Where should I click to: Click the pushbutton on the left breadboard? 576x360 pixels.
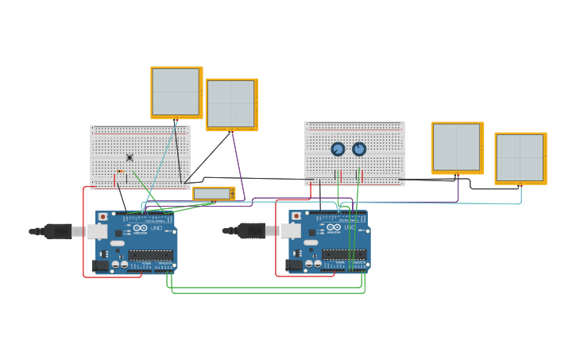coord(130,157)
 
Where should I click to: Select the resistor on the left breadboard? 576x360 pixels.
coord(120,172)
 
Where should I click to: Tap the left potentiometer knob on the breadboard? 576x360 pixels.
coord(338,149)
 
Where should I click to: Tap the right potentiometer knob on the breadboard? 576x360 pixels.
coord(359,149)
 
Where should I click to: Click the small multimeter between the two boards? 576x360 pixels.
coord(214,193)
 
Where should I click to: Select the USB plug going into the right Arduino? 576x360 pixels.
coord(251,231)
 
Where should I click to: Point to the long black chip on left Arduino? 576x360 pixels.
coord(150,255)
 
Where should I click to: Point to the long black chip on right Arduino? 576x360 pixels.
coord(344,255)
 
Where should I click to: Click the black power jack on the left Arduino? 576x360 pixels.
coord(101,265)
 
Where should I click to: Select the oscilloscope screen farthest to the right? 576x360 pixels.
coord(520,158)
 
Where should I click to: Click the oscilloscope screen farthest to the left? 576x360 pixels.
coord(176,92)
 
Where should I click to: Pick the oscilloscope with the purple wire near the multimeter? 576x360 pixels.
coord(231,104)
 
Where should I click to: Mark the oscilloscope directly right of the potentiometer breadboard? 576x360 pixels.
coord(458,148)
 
